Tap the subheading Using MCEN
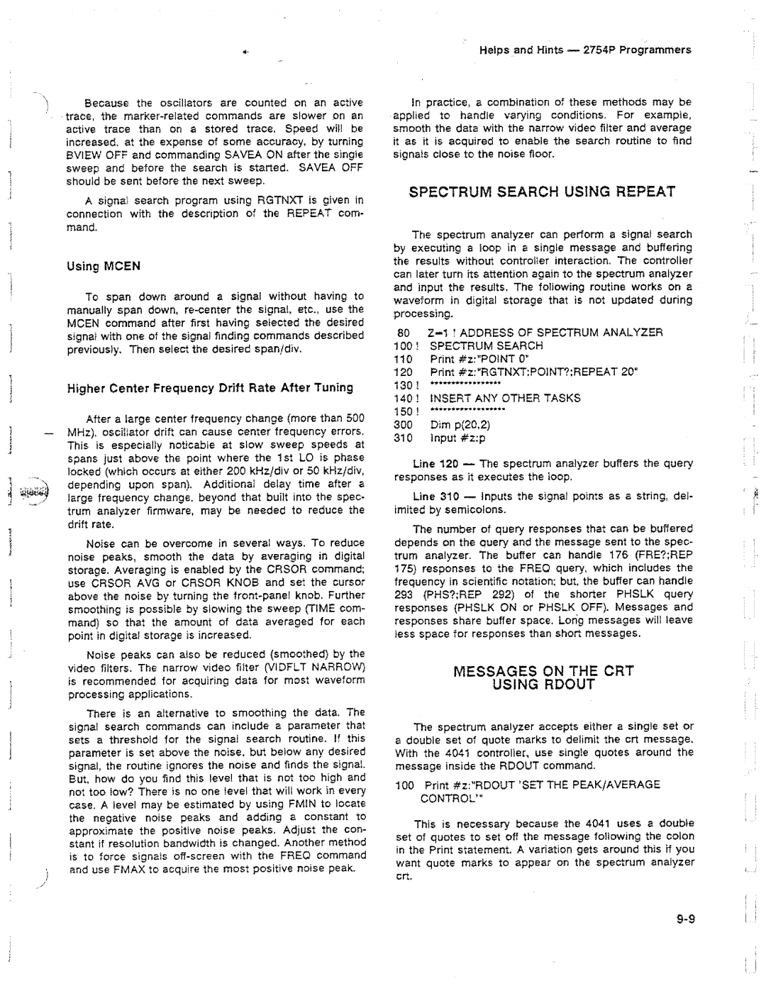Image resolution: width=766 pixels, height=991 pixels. point(104,267)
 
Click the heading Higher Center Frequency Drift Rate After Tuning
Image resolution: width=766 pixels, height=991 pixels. point(209,388)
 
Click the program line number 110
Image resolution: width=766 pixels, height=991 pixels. point(403,359)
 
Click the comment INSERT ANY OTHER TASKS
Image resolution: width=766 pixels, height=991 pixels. point(505,398)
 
